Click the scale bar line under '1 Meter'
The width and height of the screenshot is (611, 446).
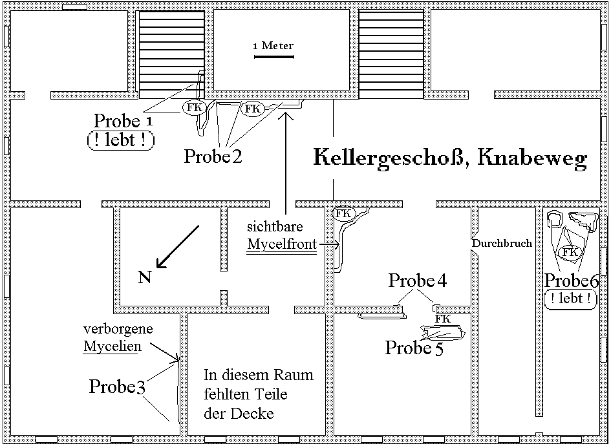pos(274,58)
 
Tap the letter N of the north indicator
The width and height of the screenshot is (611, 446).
pos(145,278)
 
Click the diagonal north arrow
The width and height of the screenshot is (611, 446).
pos(178,246)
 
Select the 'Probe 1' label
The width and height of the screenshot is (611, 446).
pos(123,121)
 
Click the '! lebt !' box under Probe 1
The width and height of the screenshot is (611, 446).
pos(120,140)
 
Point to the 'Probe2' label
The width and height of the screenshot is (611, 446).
pos(213,156)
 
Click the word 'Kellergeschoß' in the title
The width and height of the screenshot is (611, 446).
pos(388,158)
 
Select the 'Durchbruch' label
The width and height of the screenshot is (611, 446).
pos(502,244)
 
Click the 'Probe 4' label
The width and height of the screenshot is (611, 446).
pos(417,281)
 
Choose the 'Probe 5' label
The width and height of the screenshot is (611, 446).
pos(414,348)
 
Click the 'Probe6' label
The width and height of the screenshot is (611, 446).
pos(572,281)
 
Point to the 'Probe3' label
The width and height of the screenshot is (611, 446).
pos(117,387)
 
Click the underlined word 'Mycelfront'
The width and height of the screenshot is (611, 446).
pos(282,245)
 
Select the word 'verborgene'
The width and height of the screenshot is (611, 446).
pos(118,329)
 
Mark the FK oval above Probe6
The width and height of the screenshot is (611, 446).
pos(570,252)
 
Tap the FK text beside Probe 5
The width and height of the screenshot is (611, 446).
pos(442,319)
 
